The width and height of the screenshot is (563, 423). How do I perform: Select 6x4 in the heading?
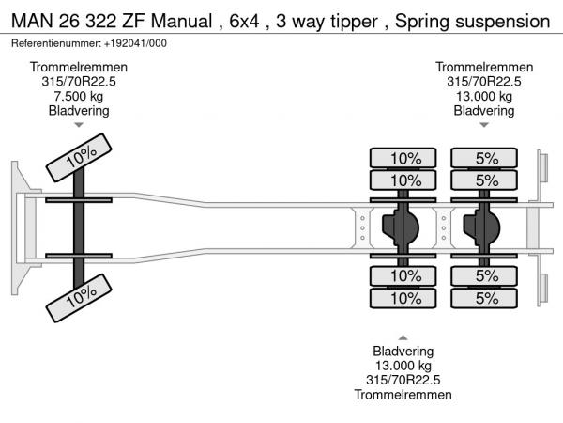[241, 19]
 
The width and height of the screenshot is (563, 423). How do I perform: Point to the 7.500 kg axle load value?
[79, 96]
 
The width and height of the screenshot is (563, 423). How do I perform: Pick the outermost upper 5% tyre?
[486, 158]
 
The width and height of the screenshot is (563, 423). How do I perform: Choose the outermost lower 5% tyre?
[486, 299]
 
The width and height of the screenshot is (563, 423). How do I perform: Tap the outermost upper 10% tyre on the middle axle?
[405, 158]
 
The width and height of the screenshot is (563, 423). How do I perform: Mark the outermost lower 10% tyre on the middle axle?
[405, 299]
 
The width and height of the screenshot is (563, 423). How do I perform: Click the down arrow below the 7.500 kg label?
[79, 125]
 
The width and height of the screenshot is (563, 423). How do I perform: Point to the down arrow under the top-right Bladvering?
[484, 125]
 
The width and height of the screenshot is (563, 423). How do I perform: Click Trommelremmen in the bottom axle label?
[403, 395]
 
